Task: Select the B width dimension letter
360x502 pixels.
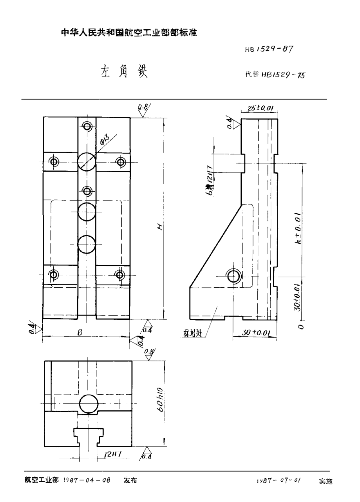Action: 80,332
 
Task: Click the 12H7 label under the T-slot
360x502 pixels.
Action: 112,454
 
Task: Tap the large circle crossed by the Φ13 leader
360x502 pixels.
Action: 87,161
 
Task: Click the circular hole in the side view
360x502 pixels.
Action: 234,276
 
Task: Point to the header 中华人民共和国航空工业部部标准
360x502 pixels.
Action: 129,33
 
